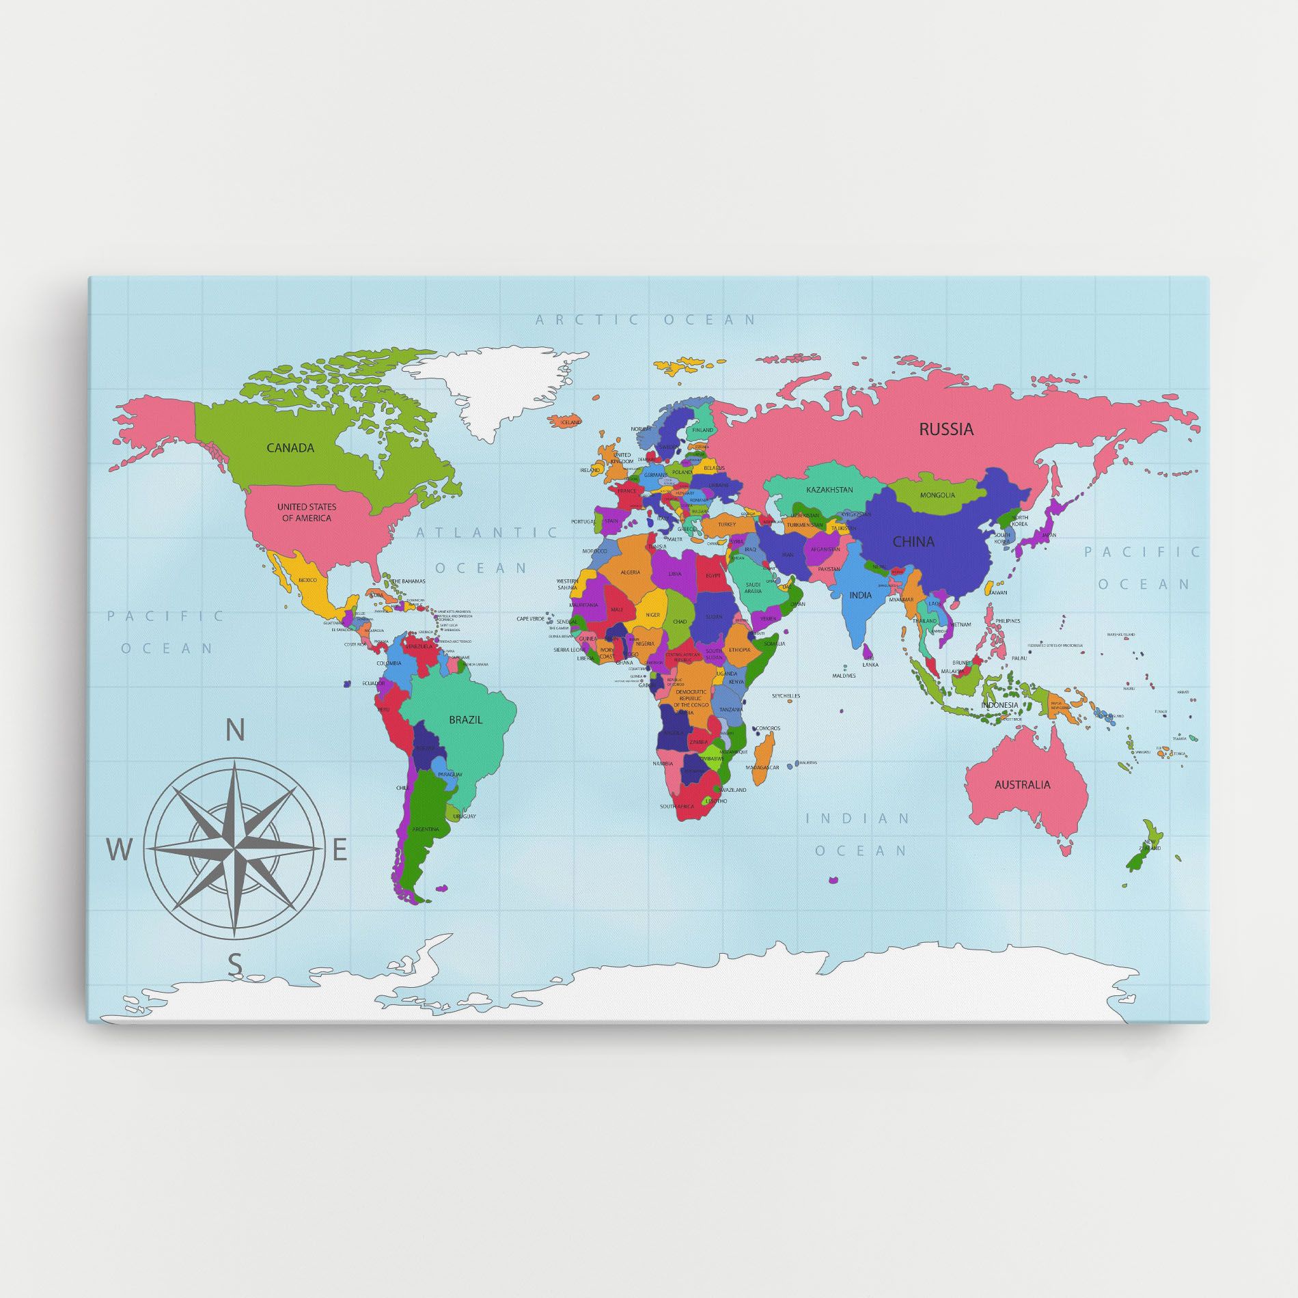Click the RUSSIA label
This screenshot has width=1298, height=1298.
[945, 429]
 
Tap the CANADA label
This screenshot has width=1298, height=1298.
[290, 448]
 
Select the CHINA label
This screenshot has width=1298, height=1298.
[913, 542]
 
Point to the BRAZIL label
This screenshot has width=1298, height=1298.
[465, 719]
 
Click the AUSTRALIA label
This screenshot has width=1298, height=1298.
[1022, 784]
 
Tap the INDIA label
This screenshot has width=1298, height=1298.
[860, 595]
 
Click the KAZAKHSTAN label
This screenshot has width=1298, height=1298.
[829, 490]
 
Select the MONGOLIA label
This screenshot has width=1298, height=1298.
[937, 495]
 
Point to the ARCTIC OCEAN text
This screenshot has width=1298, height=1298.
[646, 319]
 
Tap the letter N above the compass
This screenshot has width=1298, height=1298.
[235, 731]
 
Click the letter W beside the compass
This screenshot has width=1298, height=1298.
[118, 851]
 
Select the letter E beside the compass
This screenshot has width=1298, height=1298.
[340, 851]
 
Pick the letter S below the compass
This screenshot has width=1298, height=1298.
[234, 965]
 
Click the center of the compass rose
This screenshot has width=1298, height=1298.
[234, 849]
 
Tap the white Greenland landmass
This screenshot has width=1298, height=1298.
[492, 389]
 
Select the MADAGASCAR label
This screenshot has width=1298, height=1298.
[762, 768]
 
